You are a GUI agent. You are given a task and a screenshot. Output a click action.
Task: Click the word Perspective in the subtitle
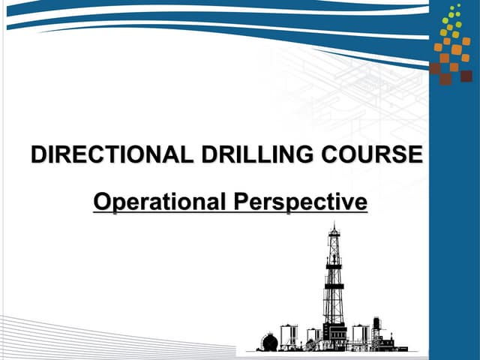click(299, 202)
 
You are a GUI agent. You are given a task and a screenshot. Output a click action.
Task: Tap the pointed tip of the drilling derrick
click(334, 224)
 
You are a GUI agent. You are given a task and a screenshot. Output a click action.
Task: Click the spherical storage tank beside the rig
click(269, 342)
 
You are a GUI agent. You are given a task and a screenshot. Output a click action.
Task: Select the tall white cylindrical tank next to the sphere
click(287, 335)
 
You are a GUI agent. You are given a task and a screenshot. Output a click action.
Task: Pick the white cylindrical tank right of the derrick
click(359, 334)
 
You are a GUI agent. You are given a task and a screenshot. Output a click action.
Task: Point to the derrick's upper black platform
click(334, 265)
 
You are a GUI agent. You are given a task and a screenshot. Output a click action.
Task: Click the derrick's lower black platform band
click(334, 286)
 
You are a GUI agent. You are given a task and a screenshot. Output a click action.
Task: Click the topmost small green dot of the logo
click(459, 5)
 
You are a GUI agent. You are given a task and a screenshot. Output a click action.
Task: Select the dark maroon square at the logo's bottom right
click(466, 76)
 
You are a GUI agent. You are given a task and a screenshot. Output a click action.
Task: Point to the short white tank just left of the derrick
click(313, 335)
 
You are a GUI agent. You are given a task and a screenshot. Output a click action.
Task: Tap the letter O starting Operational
click(101, 202)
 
